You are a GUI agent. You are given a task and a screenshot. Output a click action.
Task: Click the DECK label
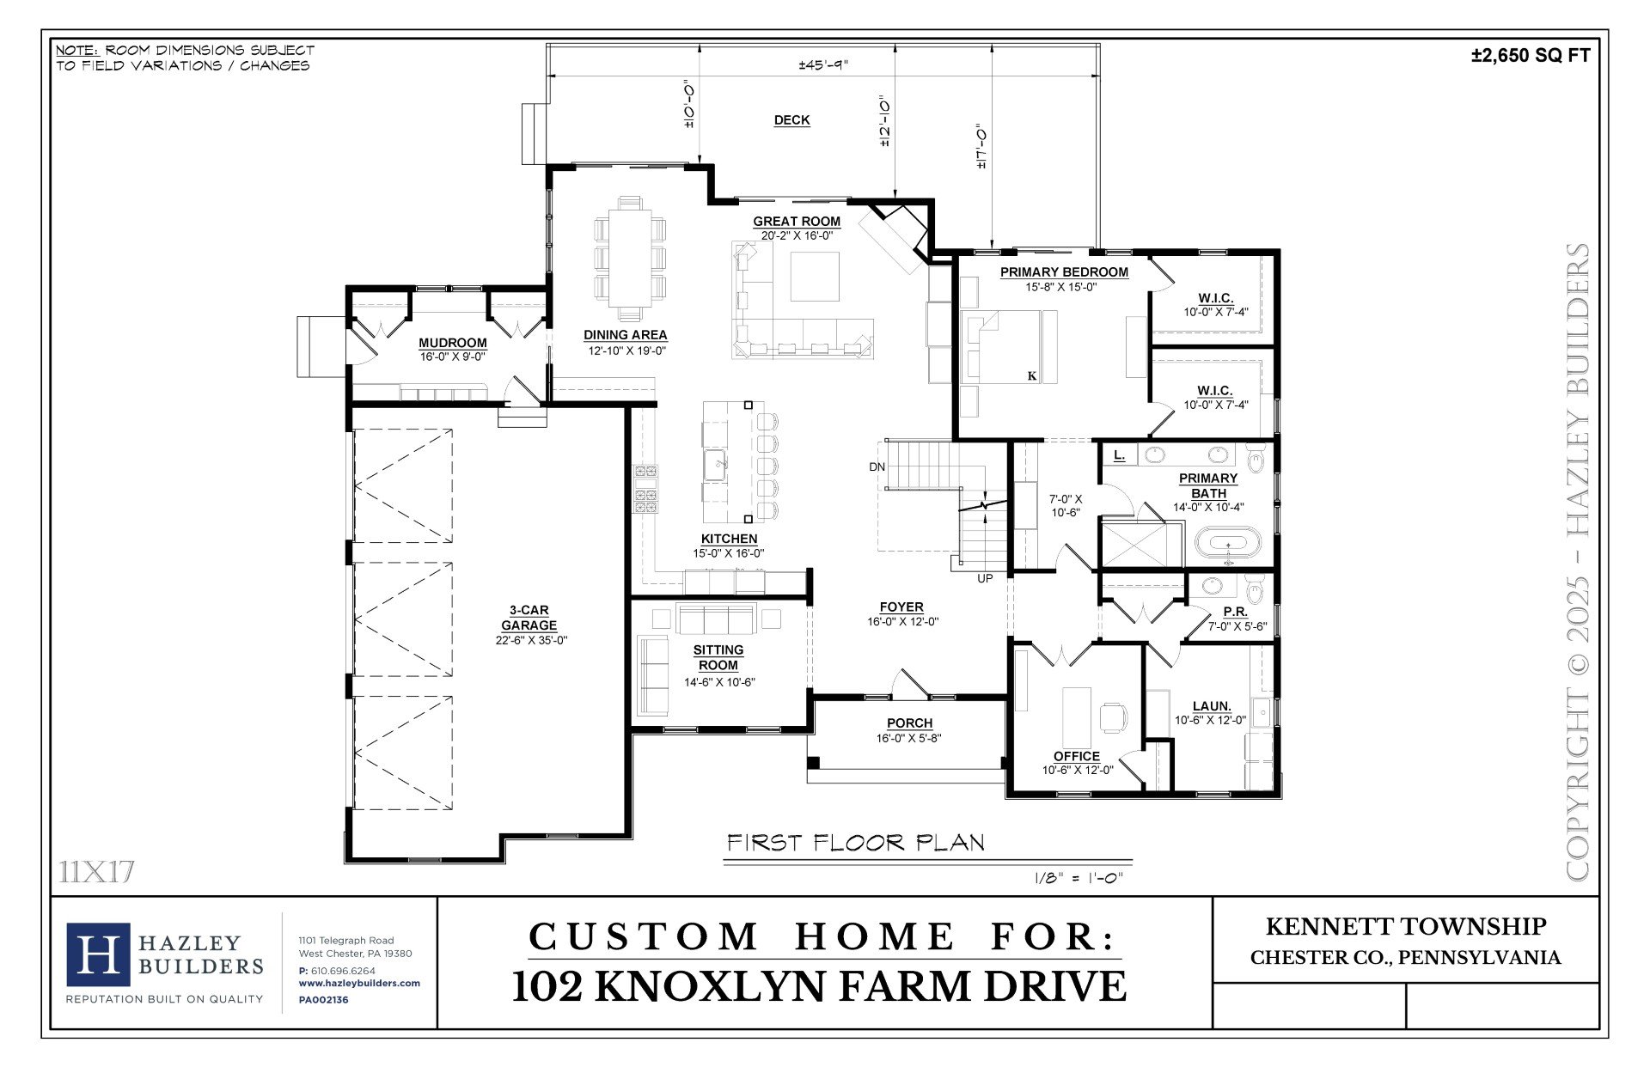click(791, 120)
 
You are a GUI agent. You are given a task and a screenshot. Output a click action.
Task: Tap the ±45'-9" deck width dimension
click(823, 65)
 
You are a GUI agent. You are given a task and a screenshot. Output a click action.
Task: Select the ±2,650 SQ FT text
click(1531, 56)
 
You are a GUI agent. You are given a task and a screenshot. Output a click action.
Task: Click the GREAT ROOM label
click(797, 222)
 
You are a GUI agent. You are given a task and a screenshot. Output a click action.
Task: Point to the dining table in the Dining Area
click(630, 255)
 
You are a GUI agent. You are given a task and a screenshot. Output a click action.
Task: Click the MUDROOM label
click(453, 343)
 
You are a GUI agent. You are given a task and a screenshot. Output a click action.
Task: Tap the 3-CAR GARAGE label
click(529, 618)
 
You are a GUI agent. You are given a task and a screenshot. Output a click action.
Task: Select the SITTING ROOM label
click(718, 657)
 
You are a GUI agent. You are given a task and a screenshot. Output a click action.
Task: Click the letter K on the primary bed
click(1031, 375)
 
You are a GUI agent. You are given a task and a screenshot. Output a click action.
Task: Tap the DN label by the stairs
click(877, 467)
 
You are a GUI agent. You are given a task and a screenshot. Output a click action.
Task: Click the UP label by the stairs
click(985, 578)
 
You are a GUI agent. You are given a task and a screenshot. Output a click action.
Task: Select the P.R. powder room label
click(1236, 612)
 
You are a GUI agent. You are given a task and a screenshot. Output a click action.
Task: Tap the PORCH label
click(910, 723)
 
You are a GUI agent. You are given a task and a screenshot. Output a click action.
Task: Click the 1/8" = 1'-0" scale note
click(1079, 878)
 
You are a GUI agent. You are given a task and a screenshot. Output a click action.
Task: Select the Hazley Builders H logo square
click(99, 955)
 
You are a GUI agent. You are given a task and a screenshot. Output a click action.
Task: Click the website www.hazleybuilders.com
click(359, 983)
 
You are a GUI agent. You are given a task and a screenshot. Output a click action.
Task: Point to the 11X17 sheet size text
click(97, 872)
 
